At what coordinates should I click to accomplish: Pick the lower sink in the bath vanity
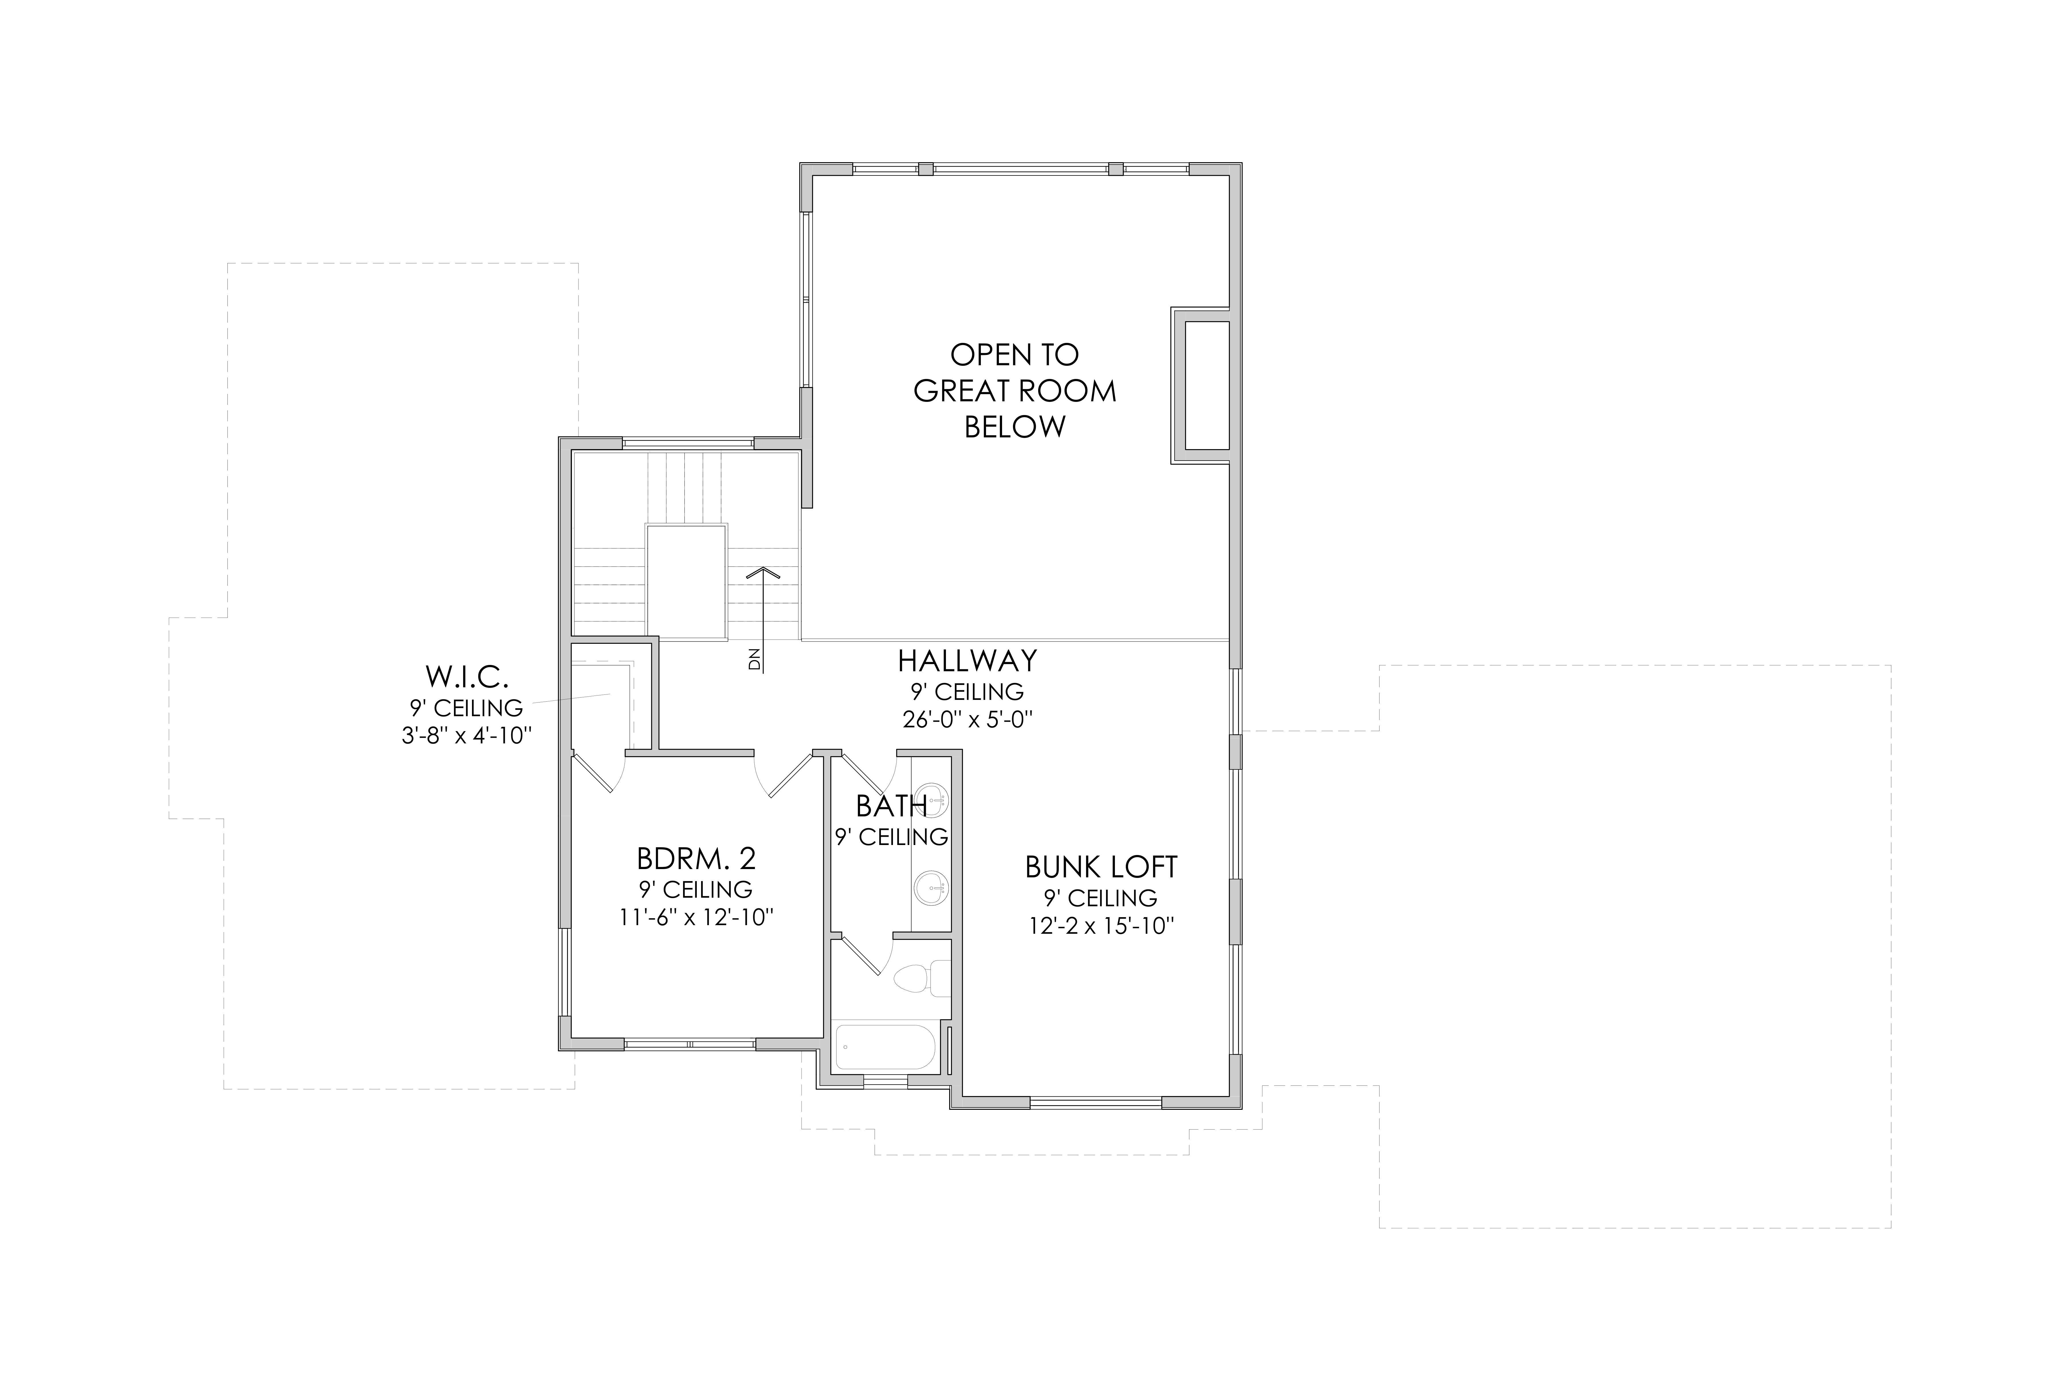pyautogui.click(x=932, y=888)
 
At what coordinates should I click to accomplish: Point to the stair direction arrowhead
pyautogui.click(x=764, y=571)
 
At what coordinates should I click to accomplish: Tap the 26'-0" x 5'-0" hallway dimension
pyautogui.click(x=967, y=719)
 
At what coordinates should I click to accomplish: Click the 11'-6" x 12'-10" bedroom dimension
pyautogui.click(x=696, y=917)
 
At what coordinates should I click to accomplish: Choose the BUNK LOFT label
pyautogui.click(x=1101, y=867)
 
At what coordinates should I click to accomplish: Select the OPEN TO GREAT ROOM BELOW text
pyautogui.click(x=1015, y=391)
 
